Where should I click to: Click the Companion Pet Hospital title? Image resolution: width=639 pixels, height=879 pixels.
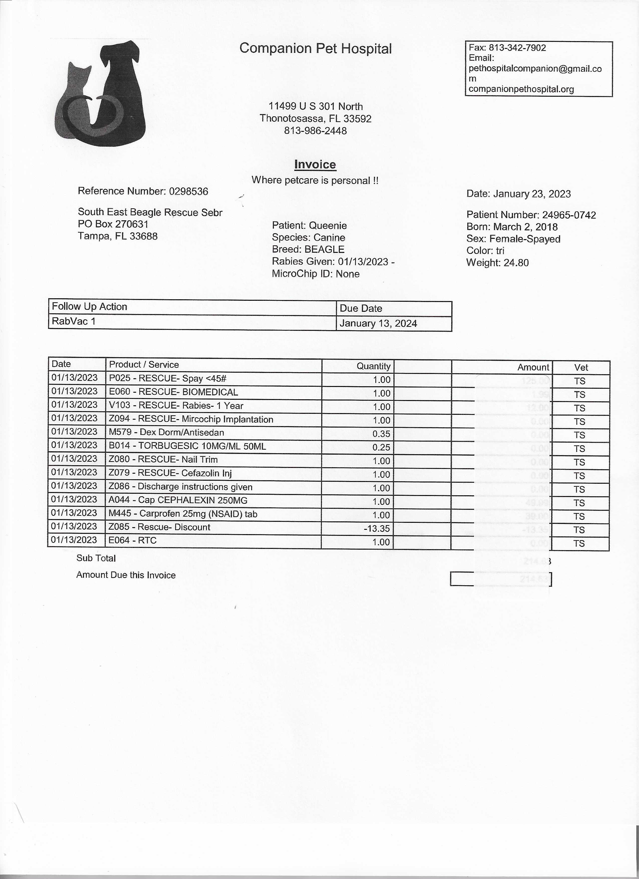pos(315,48)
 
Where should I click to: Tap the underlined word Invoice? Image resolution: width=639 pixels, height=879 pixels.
pos(315,164)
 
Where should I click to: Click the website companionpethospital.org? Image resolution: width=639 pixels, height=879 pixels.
pos(521,89)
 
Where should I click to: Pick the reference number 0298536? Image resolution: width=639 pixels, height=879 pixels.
pos(188,191)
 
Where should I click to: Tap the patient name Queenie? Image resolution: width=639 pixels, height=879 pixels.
pos(328,226)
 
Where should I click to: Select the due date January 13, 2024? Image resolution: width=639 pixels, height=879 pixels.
pos(378,324)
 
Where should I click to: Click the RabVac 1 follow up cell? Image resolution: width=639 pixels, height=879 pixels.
pos(74,321)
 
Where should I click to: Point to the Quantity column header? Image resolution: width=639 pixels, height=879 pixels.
pos(373,366)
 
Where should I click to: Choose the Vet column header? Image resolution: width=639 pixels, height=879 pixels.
pos(581,367)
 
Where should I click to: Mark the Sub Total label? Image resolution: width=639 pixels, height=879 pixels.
pos(96,558)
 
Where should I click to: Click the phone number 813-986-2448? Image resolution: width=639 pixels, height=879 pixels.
pos(315,131)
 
